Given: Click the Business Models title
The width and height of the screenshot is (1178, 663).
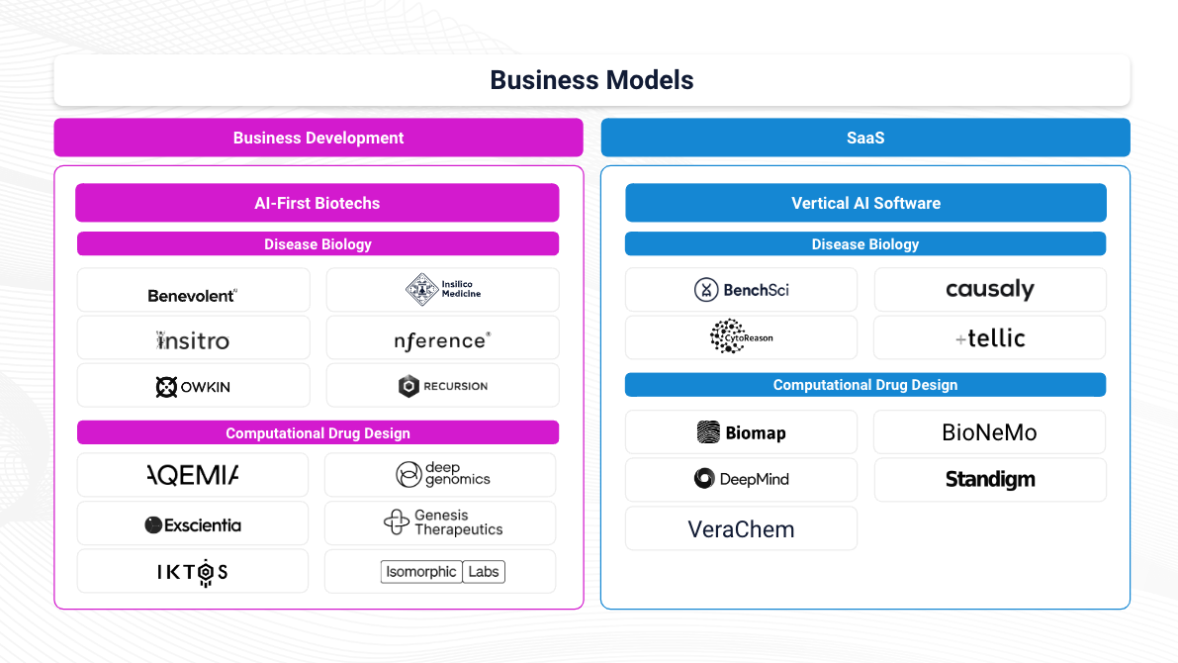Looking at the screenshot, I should click(591, 80).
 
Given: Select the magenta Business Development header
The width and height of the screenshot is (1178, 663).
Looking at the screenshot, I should click(318, 138).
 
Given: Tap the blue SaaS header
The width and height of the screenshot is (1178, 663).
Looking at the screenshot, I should click(864, 138).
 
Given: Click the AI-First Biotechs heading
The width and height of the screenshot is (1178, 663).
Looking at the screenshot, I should click(317, 203).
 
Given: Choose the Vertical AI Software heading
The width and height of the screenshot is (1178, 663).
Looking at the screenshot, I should click(865, 203).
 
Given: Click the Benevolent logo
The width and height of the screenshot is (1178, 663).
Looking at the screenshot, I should click(193, 295).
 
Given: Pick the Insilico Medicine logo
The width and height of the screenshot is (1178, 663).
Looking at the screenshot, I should click(442, 289).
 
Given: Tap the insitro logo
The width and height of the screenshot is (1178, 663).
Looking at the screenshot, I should click(193, 340).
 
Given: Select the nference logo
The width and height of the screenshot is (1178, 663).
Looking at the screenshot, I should click(442, 340).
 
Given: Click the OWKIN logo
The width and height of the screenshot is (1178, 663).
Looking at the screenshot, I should click(193, 387).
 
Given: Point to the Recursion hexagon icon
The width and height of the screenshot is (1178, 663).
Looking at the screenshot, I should click(408, 386).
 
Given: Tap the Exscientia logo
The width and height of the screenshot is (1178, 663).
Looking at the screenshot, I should click(193, 524).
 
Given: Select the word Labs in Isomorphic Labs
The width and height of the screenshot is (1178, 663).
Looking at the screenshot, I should click(484, 571).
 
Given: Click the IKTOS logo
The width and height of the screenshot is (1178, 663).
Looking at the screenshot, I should click(193, 572).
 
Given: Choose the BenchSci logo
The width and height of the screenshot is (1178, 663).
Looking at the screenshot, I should click(741, 290).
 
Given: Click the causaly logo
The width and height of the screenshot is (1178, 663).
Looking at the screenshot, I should click(989, 290).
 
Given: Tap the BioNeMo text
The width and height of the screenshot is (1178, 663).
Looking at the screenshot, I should click(989, 432).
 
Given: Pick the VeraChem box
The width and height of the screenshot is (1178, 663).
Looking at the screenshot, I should click(741, 528).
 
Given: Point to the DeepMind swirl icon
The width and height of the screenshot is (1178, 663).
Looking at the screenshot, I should click(704, 479).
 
